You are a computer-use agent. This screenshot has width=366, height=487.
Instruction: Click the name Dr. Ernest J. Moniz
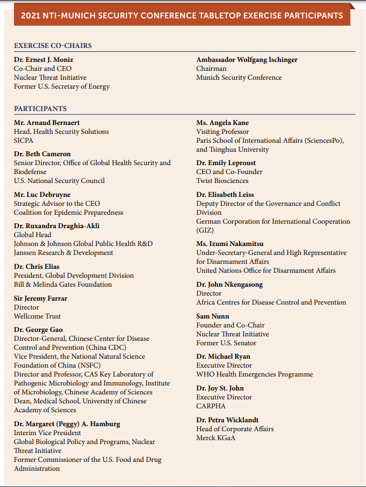coord(44,60)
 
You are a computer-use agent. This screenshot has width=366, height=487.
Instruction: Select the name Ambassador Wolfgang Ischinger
coord(247,60)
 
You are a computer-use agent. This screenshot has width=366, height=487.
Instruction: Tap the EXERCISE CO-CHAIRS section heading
coord(53,46)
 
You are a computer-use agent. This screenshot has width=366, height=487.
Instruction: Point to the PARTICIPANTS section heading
coord(40,109)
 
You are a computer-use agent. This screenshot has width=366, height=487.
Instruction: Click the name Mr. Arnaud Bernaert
coord(46,123)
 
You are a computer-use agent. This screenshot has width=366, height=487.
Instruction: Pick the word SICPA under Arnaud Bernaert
coord(24,141)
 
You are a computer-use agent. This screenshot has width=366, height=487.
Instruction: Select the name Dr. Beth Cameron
coord(42,154)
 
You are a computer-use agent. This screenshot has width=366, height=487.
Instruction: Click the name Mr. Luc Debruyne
coord(43,195)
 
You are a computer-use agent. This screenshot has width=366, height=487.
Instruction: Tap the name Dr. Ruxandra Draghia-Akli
coord(57,226)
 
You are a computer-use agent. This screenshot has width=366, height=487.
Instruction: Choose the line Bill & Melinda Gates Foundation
coord(63,285)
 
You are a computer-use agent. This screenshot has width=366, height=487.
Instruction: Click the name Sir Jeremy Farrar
coord(41,298)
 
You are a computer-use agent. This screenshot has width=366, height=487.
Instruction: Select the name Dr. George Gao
coord(38,330)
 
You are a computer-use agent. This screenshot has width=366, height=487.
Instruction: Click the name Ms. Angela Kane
coord(223,123)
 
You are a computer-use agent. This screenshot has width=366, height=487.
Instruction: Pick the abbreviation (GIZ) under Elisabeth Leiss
coord(205,230)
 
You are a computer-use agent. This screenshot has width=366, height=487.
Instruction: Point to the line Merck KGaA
coord(215,438)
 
